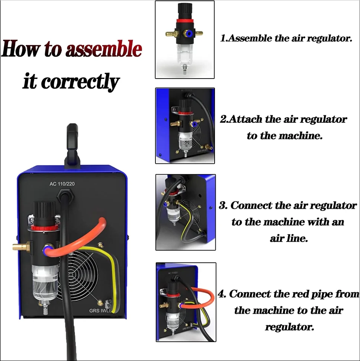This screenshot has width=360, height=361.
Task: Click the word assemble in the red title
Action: click(104, 49)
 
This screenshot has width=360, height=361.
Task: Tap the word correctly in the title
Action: click(80, 81)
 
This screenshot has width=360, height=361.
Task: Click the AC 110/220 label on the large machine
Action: click(62, 184)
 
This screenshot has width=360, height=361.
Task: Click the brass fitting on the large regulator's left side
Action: click(21, 247)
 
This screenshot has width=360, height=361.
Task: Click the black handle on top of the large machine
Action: click(73, 145)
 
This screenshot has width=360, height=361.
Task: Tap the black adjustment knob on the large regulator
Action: click(44, 213)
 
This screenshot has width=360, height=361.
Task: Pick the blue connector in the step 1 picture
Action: click(189, 34)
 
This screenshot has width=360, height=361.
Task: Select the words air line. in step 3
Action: click(289, 238)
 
